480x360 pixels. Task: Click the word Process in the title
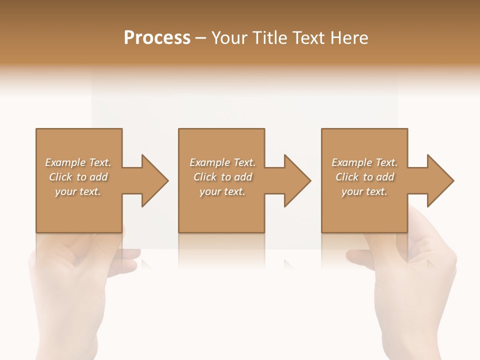(157, 37)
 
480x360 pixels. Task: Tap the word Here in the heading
(348, 37)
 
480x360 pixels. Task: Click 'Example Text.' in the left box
(78, 162)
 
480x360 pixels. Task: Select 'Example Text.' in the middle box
(222, 162)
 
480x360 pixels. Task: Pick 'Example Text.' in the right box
(364, 162)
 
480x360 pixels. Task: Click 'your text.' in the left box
(78, 191)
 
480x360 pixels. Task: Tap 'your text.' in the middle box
(222, 191)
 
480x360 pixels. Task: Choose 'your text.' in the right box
(364, 191)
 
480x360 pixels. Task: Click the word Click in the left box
(61, 177)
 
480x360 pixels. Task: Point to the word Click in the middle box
(205, 177)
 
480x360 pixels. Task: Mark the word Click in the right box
(347, 177)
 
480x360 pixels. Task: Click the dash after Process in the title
(201, 38)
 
